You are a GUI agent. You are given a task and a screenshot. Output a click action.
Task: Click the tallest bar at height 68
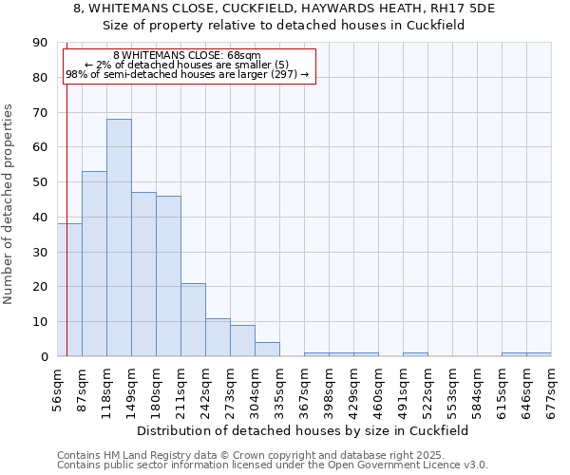pos(119,237)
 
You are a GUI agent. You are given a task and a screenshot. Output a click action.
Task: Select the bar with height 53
pos(94,264)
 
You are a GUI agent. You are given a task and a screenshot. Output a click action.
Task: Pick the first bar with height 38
pos(69,290)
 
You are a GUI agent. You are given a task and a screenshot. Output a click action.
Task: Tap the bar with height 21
pos(193,320)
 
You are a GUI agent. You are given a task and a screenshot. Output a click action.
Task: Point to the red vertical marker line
pos(66,190)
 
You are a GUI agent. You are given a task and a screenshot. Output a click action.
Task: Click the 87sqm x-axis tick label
pos(83,384)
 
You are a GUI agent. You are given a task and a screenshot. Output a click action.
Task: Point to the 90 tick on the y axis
pos(40,43)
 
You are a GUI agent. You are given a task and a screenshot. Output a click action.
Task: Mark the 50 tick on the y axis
pos(40,182)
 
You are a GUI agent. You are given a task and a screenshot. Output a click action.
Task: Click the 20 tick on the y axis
pos(40,287)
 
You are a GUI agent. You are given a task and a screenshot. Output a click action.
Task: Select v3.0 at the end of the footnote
pos(475,465)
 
